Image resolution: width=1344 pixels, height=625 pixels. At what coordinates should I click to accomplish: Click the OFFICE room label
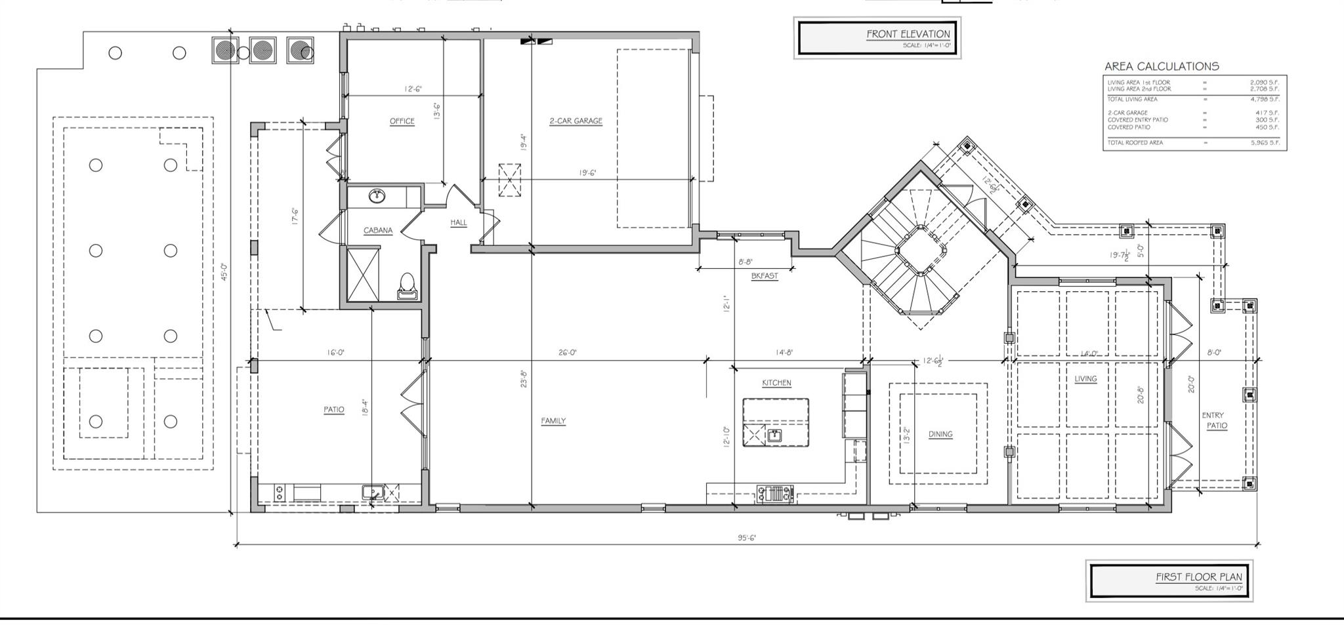point(402,121)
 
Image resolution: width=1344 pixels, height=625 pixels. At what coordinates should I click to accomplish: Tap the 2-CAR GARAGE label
point(576,121)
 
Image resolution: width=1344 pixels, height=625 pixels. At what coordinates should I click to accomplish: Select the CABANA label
point(378,230)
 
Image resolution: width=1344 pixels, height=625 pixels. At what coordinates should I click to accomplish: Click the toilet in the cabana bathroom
point(407,284)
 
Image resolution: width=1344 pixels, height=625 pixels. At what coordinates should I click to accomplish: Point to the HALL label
point(459,222)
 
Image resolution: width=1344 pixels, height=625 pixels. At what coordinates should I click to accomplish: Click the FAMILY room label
point(553,421)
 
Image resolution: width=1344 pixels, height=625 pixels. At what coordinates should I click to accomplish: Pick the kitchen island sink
point(775,434)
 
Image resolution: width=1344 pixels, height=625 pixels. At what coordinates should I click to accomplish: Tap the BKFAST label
point(765,276)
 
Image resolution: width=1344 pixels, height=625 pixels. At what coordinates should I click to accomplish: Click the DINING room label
point(940,434)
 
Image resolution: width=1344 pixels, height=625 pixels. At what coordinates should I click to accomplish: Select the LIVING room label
point(1085,378)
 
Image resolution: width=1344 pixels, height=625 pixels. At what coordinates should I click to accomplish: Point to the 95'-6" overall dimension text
point(747,538)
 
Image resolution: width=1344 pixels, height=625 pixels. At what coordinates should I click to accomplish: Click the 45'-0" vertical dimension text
point(224,272)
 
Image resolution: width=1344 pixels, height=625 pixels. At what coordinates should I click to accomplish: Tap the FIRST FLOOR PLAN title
point(1198,577)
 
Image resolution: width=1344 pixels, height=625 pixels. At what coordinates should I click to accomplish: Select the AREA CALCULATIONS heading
point(1161,66)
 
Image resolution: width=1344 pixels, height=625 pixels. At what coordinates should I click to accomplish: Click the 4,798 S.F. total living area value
point(1264,100)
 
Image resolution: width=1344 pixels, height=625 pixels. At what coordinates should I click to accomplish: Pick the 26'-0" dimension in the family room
point(567,353)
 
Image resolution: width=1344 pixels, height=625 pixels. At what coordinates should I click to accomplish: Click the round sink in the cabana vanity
point(377,195)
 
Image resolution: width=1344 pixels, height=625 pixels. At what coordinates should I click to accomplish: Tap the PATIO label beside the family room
point(333,410)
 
